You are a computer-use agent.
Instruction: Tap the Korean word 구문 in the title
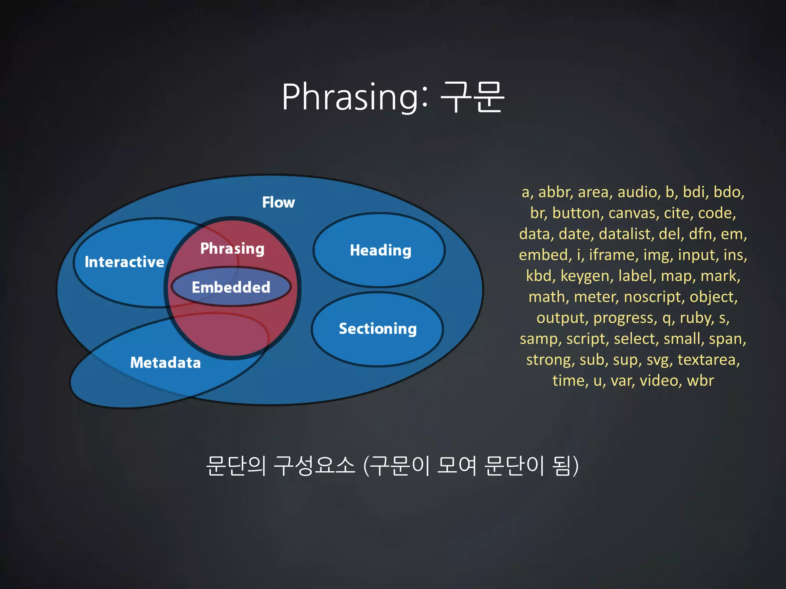pyautogui.click(x=472, y=98)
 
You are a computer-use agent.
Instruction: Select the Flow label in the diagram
pyautogui.click(x=278, y=202)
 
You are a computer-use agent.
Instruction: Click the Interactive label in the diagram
pyautogui.click(x=124, y=262)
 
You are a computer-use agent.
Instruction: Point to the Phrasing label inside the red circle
pyautogui.click(x=232, y=248)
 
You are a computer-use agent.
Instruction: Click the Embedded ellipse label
pyautogui.click(x=231, y=287)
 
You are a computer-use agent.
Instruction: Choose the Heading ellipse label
pyautogui.click(x=380, y=250)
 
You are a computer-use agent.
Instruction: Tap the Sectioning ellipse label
pyautogui.click(x=378, y=329)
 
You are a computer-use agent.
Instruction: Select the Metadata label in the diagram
pyautogui.click(x=165, y=362)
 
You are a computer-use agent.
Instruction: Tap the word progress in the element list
pyautogui.click(x=625, y=318)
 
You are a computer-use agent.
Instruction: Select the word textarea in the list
pyautogui.click(x=708, y=360)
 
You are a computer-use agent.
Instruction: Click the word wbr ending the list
pyautogui.click(x=700, y=381)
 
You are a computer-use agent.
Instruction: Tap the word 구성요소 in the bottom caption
pyautogui.click(x=315, y=466)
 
